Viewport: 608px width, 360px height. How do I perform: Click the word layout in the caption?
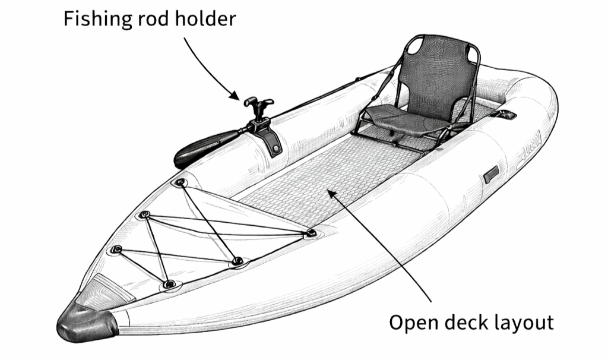[525, 323]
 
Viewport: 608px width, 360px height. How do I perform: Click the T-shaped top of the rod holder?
[259, 104]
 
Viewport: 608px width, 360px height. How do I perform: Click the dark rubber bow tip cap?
[87, 323]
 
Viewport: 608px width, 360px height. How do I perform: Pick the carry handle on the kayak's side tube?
[491, 174]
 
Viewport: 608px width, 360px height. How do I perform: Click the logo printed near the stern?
[530, 149]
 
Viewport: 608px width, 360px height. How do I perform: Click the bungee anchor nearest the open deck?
[310, 233]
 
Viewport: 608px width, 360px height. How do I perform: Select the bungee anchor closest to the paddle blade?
[179, 182]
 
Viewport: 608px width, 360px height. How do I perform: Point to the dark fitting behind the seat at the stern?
[504, 114]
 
